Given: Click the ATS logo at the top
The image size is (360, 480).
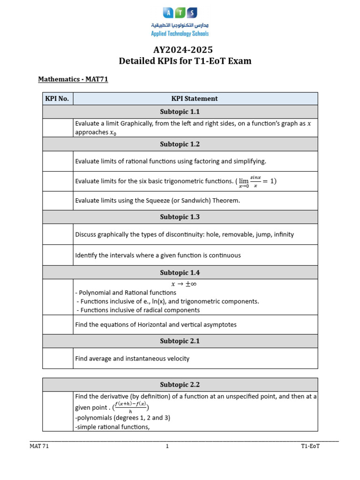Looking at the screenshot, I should click(x=180, y=13).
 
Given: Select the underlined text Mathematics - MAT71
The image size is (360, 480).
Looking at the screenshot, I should click(x=73, y=79).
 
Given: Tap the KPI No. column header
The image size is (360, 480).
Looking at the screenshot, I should click(x=57, y=98).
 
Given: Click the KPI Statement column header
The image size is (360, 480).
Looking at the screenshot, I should click(x=195, y=98).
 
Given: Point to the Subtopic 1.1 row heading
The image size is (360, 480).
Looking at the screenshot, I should click(x=180, y=112).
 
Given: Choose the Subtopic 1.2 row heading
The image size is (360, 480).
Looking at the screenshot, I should click(x=180, y=144).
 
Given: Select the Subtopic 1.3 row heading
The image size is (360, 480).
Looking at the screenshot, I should click(x=180, y=217).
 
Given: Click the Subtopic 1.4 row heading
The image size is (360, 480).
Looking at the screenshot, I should click(x=180, y=272).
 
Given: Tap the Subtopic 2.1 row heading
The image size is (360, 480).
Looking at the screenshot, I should click(x=180, y=341).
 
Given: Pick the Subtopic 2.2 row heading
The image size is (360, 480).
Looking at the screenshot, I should click(x=180, y=385).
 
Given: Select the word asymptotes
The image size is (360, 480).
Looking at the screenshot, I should click(x=219, y=324).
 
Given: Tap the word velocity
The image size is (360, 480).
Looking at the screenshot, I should click(x=177, y=359).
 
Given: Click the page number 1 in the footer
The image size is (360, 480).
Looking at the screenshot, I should click(x=167, y=446).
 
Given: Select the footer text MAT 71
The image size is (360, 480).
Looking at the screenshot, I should click(x=39, y=446).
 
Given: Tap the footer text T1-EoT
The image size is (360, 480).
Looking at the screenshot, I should click(x=310, y=446).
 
